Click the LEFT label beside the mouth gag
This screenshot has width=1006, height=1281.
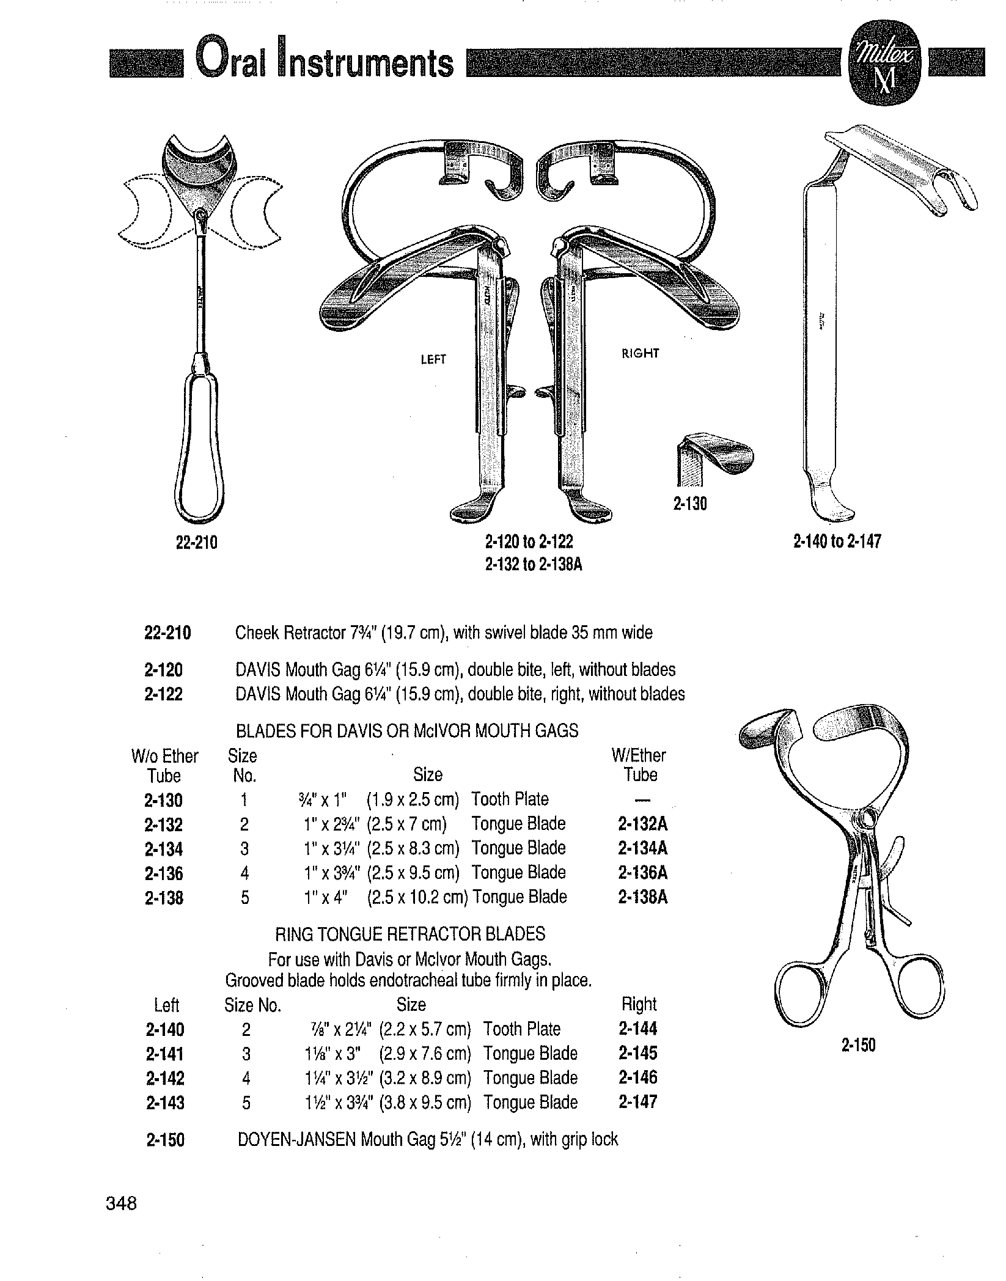click(x=433, y=360)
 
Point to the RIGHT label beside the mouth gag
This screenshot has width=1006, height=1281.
click(x=641, y=353)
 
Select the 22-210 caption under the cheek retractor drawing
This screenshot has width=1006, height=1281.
click(x=197, y=542)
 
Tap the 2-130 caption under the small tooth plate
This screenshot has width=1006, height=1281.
click(x=690, y=504)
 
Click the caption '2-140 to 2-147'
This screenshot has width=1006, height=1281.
click(x=837, y=541)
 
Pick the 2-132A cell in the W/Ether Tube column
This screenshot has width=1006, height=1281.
click(x=643, y=824)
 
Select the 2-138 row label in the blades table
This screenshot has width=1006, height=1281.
click(x=164, y=898)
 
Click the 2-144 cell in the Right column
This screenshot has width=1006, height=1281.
click(x=638, y=1029)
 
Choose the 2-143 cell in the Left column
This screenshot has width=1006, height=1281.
click(x=165, y=1103)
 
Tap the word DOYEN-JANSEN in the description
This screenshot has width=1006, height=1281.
click(x=296, y=1140)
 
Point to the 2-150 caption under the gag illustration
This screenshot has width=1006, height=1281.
click(x=858, y=1046)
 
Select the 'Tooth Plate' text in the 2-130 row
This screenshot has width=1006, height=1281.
click(x=510, y=799)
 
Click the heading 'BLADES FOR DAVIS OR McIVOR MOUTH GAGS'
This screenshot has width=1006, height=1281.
click(x=407, y=731)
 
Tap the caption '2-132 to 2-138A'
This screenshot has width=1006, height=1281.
click(x=534, y=565)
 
